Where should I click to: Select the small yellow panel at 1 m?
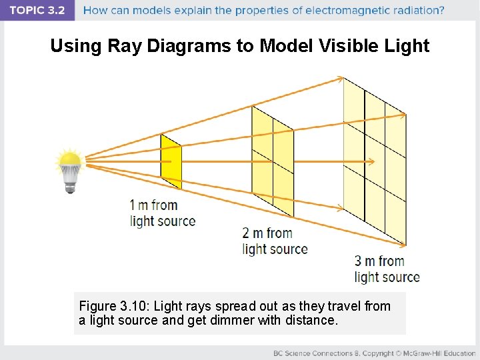pos(171,161)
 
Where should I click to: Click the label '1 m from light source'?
pos(163,213)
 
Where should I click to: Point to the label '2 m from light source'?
pos(275,241)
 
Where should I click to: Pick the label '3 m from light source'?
pos(387,269)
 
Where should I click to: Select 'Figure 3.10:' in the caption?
pos(113,306)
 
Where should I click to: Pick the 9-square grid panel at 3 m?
pos(374,161)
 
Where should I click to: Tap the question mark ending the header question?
pos(441,11)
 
